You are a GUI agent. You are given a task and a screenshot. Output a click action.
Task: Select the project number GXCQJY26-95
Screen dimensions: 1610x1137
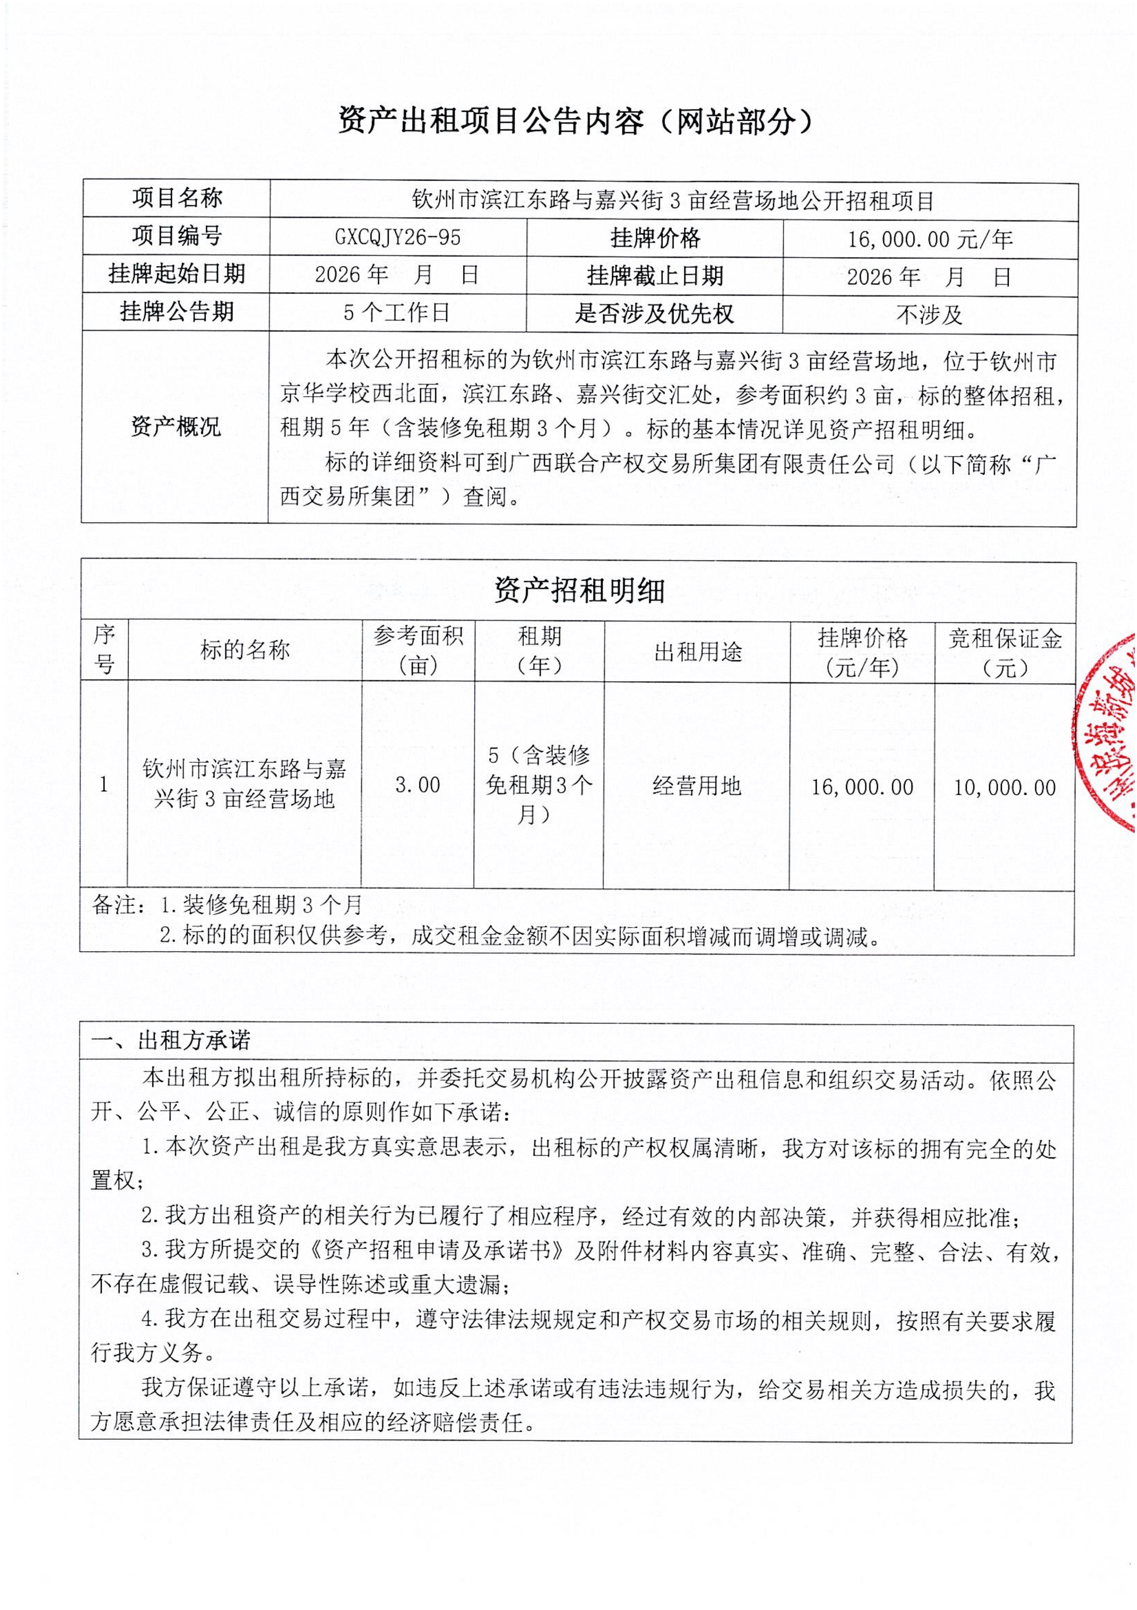coord(397,238)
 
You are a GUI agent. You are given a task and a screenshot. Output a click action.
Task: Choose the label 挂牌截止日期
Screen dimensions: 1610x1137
coord(655,276)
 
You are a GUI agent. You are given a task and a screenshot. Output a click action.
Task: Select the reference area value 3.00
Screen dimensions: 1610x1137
coord(418,785)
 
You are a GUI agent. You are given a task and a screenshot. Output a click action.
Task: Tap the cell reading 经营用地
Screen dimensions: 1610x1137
coord(697,786)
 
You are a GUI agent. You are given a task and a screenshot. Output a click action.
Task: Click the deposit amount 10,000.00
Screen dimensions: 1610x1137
coord(1004,788)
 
